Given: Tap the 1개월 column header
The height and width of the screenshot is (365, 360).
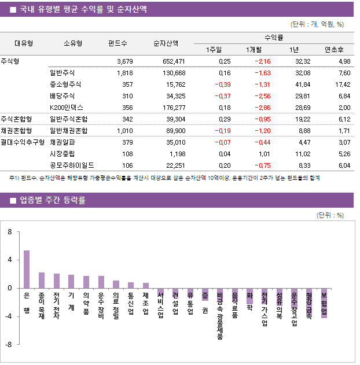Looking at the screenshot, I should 255,49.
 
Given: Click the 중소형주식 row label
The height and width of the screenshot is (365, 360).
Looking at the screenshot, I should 66,84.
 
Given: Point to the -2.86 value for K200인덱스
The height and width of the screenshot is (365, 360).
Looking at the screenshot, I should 261,108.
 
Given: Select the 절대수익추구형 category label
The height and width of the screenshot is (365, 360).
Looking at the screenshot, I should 23,142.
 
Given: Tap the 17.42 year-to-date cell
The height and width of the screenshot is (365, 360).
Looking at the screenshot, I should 341,84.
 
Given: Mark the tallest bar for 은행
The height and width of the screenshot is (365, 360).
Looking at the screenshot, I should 27,269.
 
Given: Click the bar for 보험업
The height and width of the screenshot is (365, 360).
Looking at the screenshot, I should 324,303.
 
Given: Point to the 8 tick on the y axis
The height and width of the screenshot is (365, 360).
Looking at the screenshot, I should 10,232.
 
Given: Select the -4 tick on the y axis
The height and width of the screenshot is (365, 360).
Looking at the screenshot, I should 9,316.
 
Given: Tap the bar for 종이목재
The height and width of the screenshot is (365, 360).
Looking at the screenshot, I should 42,280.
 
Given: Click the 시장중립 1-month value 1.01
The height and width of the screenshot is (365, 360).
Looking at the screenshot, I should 263,154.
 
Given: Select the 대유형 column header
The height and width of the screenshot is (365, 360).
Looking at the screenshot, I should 23,43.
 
